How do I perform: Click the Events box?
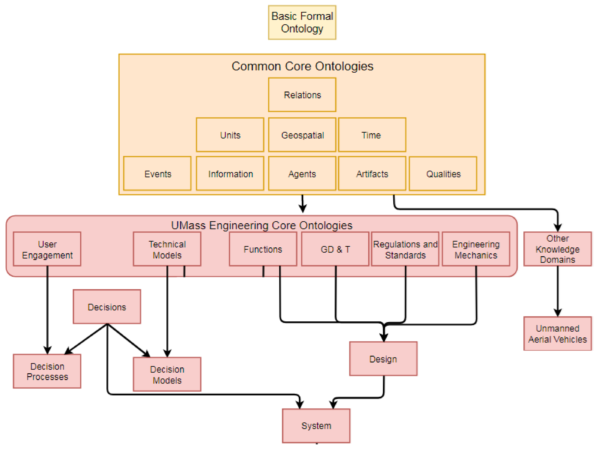tap(157, 174)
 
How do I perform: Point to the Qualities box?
tap(443, 174)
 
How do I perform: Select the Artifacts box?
tap(372, 174)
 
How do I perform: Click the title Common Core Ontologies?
tap(302, 66)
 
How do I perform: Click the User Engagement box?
tap(47, 249)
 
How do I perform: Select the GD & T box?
tap(335, 249)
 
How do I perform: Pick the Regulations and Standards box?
tap(405, 249)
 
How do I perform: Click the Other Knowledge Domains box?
tap(558, 249)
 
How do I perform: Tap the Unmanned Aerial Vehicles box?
tap(558, 334)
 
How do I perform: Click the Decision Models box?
tap(167, 375)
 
